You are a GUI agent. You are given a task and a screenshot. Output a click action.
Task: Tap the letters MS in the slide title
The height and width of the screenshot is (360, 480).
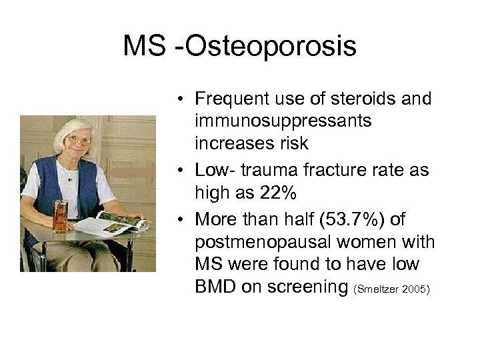[x=148, y=47]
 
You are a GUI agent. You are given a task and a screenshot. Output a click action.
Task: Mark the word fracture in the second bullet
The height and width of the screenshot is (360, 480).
[x=342, y=171]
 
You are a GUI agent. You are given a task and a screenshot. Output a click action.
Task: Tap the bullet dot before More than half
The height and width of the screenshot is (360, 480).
[x=181, y=220]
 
